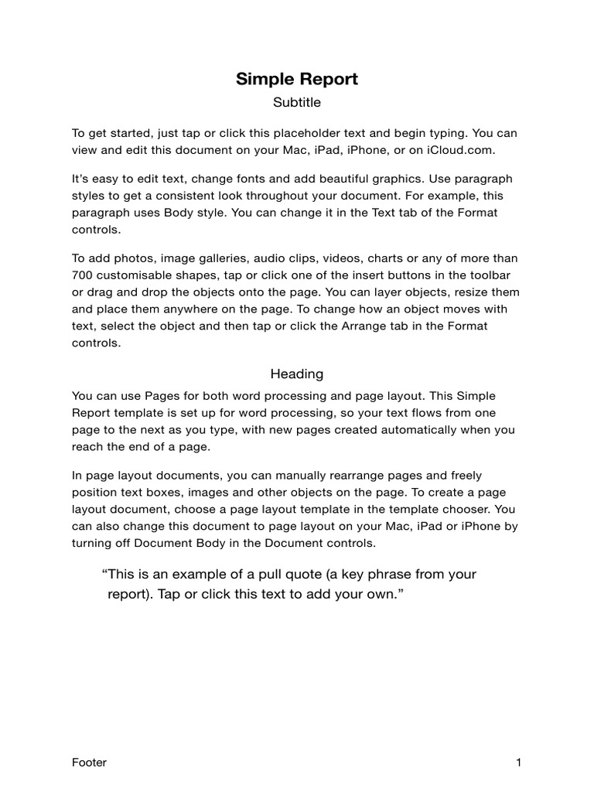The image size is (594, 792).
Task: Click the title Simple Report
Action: (297, 79)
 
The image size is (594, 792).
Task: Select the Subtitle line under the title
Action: (297, 102)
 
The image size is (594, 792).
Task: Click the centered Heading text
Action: (297, 374)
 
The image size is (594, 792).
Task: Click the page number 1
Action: (519, 763)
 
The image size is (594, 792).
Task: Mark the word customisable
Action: (143, 275)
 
